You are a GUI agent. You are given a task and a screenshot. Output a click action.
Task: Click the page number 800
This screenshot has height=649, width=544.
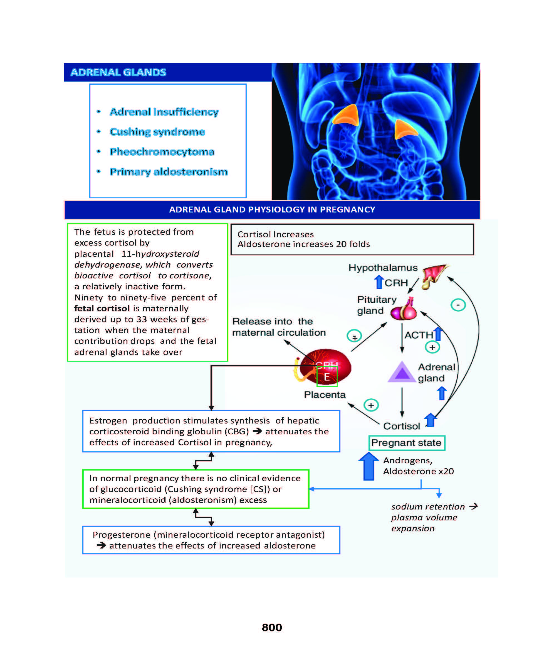click(x=272, y=627)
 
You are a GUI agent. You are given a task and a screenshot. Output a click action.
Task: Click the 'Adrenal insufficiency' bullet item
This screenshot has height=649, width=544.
click(x=164, y=112)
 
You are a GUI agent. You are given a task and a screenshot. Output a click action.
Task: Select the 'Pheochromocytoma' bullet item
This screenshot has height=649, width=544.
click(x=162, y=152)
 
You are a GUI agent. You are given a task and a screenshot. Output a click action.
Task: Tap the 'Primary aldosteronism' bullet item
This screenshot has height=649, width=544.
click(x=169, y=172)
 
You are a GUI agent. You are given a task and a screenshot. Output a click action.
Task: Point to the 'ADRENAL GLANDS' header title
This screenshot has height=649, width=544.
click(x=118, y=72)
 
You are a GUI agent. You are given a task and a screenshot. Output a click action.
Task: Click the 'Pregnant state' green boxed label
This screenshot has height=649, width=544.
click(x=406, y=443)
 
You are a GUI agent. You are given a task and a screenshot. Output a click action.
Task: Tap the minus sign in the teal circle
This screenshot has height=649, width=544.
click(x=458, y=305)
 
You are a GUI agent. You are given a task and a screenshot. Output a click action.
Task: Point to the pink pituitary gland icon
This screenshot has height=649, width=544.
click(x=404, y=311)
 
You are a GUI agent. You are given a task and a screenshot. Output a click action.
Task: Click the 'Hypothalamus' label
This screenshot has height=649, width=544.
click(x=383, y=268)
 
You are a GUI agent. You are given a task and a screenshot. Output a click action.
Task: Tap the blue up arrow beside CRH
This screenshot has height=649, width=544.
click(x=379, y=282)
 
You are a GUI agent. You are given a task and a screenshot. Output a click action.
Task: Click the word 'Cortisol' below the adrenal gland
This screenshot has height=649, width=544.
click(x=401, y=426)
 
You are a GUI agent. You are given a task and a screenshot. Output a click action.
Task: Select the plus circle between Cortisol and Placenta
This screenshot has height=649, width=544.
click(x=371, y=405)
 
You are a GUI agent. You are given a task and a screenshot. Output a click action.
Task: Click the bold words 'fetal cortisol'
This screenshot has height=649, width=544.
click(x=102, y=308)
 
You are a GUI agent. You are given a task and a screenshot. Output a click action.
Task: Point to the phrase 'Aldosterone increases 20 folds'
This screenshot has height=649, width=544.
click(x=303, y=244)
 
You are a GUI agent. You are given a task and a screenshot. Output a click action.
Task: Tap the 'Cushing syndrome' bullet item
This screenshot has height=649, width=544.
click(x=157, y=132)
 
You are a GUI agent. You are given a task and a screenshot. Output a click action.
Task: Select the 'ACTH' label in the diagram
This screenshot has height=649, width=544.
click(x=418, y=335)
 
